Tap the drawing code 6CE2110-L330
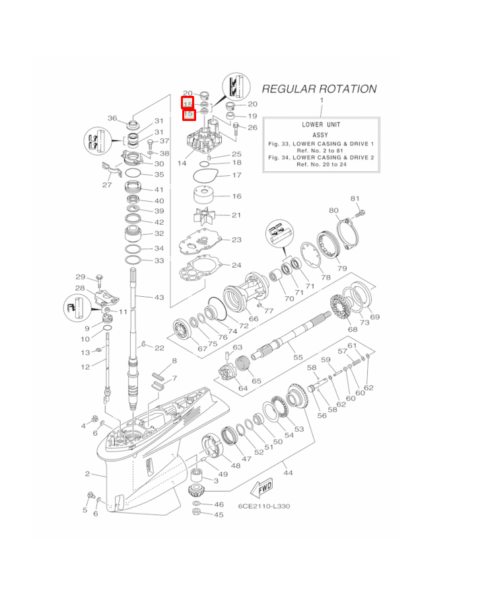264,506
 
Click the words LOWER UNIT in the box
320,124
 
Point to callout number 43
159,297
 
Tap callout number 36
112,118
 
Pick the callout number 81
355,198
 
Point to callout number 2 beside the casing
87,473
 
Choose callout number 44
287,473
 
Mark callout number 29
80,276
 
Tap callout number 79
341,268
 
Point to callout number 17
236,175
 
